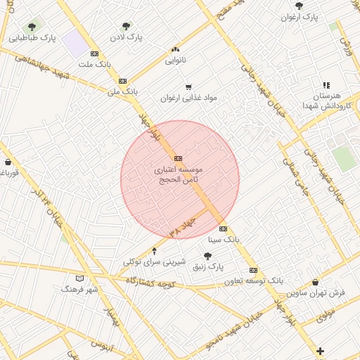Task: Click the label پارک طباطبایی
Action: pyautogui.click(x=33, y=38)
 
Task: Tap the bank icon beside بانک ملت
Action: pyautogui.click(x=94, y=53)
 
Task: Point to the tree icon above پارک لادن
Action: pyautogui.click(x=127, y=26)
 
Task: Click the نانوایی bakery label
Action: pyautogui.click(x=175, y=60)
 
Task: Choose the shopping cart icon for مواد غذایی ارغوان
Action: pyautogui.click(x=188, y=86)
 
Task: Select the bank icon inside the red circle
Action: pyautogui.click(x=178, y=158)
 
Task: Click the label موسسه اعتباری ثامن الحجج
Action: pyautogui.click(x=179, y=175)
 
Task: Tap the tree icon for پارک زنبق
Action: pyautogui.click(x=207, y=257)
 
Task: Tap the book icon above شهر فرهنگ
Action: pyautogui.click(x=80, y=278)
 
